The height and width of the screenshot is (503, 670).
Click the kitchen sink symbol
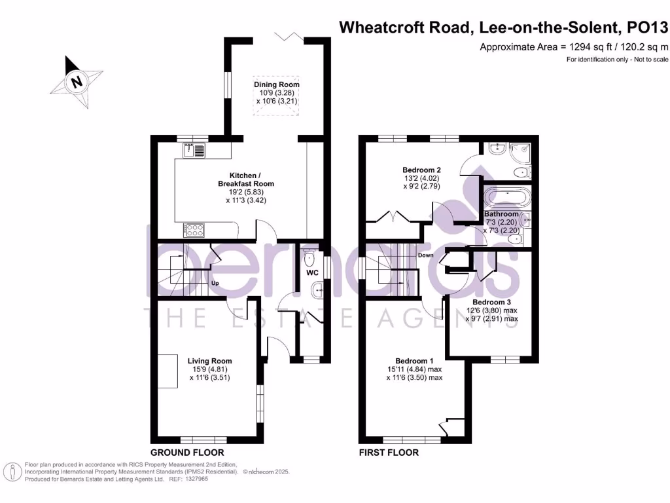coord(194,151)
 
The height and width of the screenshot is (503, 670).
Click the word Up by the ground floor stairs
coord(214,284)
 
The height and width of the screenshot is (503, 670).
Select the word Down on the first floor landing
coord(426,255)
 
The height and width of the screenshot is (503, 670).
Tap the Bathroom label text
coord(501,214)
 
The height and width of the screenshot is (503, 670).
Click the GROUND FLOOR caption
coord(187,453)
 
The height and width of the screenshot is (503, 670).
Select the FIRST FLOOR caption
coord(389,453)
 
